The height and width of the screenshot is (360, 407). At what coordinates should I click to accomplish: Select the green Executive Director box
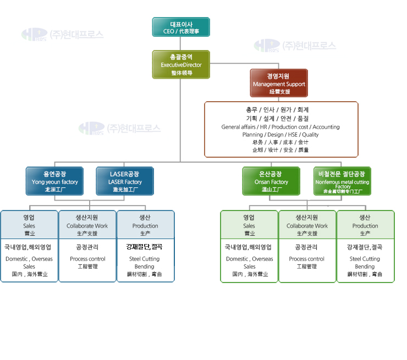(181, 64)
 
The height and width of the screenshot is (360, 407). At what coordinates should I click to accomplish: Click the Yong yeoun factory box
(54, 181)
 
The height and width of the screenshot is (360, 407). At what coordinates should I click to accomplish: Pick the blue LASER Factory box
(125, 181)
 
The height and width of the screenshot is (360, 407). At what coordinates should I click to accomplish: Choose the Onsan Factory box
(271, 181)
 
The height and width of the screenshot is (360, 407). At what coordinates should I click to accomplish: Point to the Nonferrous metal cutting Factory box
(342, 181)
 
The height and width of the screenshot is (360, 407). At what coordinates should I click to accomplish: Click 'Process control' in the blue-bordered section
(87, 259)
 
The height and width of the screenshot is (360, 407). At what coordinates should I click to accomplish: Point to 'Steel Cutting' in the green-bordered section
(365, 259)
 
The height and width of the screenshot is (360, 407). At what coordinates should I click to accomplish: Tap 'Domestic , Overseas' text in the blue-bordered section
(29, 259)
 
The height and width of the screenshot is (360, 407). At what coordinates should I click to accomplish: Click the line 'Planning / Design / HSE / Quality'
(280, 135)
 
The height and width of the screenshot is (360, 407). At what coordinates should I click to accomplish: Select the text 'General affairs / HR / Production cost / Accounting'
(280, 127)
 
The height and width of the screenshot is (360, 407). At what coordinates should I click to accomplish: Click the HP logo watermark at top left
(35, 34)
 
